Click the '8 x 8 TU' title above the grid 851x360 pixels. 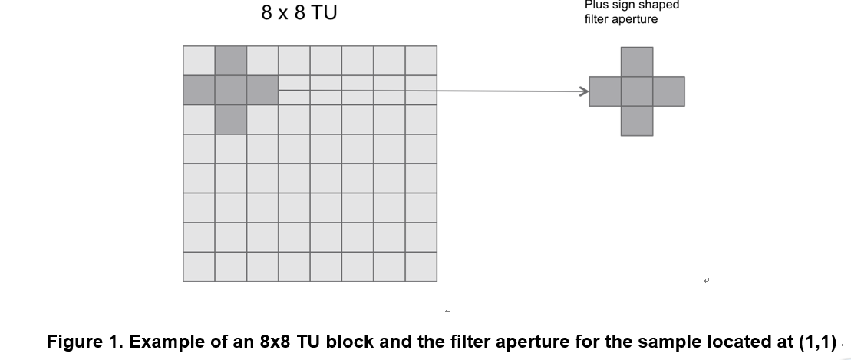(x=299, y=13)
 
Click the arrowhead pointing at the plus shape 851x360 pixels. (x=583, y=91)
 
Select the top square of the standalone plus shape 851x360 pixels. (x=637, y=61)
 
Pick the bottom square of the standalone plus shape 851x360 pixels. (x=637, y=121)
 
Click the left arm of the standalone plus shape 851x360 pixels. (x=605, y=91)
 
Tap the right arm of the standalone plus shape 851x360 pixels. (x=668, y=91)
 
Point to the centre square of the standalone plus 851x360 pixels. (x=637, y=91)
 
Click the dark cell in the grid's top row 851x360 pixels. (x=231, y=61)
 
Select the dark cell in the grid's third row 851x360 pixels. (x=231, y=120)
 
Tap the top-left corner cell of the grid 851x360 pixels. (x=199, y=61)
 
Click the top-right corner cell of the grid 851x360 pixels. (x=421, y=61)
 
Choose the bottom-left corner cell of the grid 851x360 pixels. (x=199, y=266)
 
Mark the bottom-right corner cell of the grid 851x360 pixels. (x=421, y=266)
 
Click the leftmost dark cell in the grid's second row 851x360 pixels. (x=199, y=90)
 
